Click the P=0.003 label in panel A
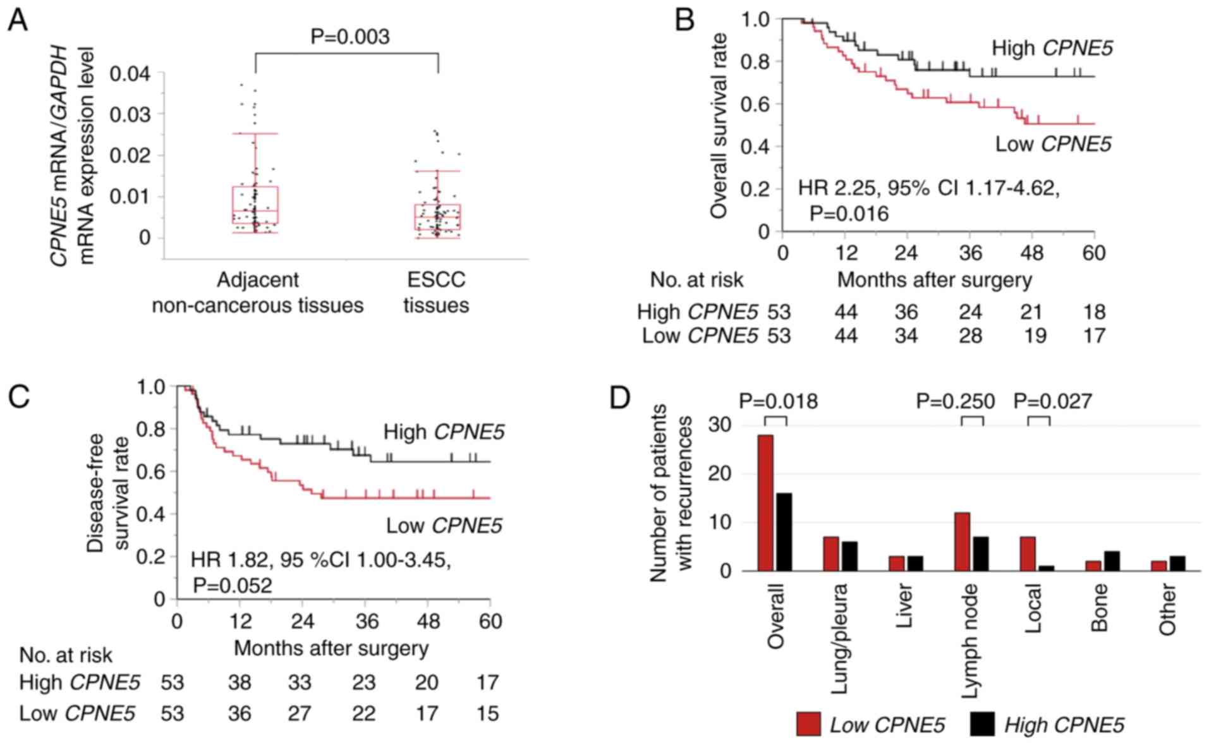tap(349, 37)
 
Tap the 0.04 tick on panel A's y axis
tap(130, 74)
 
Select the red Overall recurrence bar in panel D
tap(765, 502)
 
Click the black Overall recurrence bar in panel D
tap(784, 531)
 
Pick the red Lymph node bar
tap(962, 541)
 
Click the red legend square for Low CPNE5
tap(808, 724)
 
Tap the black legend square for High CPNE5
tap(982, 724)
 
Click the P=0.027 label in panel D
tap(1053, 401)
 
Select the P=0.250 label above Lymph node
tap(955, 401)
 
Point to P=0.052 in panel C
tap(233, 585)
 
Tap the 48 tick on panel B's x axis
tap(1032, 253)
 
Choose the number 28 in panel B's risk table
tap(970, 335)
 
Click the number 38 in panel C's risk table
tap(240, 682)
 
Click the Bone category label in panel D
tap(1099, 607)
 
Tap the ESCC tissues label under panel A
tap(436, 292)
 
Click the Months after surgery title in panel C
tap(331, 648)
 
